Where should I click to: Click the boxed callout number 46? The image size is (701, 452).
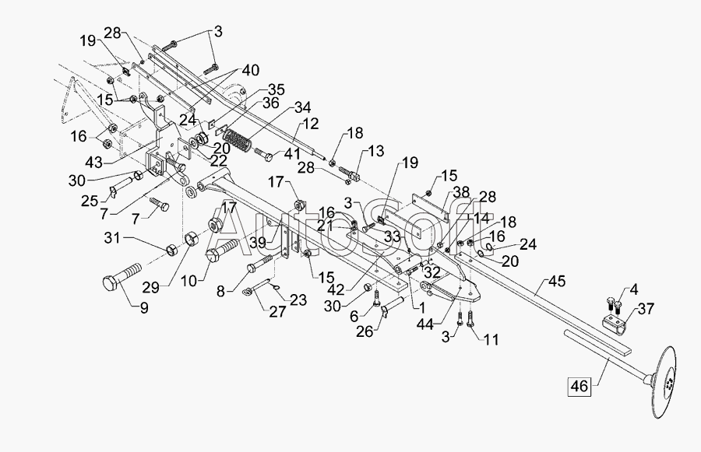tap(579, 386)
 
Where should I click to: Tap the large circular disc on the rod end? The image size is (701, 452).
tap(664, 382)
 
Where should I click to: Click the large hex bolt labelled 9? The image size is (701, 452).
tap(122, 278)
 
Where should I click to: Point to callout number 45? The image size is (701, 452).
tap(557, 282)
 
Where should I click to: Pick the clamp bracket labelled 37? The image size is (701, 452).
tap(614, 324)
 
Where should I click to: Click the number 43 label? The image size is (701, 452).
tap(94, 163)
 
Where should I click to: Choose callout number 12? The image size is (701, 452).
tap(310, 123)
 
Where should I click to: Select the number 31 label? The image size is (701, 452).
tap(112, 238)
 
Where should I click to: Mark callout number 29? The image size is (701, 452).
tap(150, 288)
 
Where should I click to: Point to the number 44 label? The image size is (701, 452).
tap(424, 324)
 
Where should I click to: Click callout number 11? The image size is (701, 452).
tap(491, 339)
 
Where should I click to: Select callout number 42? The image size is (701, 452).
tap(336, 290)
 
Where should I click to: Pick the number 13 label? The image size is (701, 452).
tap(375, 151)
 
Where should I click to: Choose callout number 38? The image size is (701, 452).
tap(461, 192)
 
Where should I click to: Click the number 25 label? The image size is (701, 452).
tap(90, 201)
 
